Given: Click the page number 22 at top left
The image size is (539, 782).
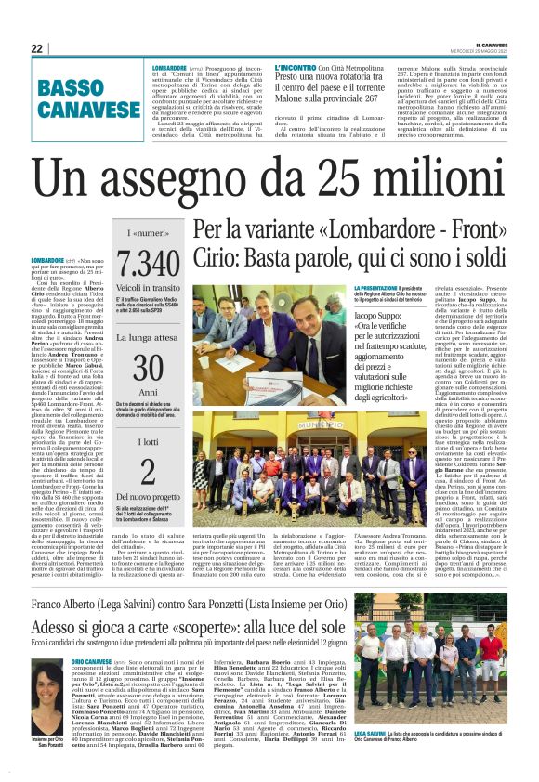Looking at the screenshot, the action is [x=36, y=48].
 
